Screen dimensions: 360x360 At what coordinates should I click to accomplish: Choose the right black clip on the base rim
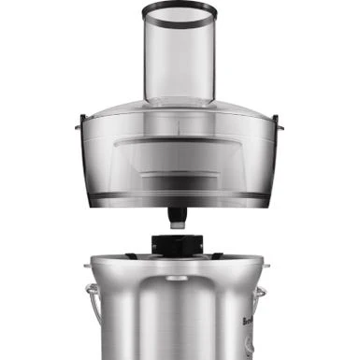point(217,253)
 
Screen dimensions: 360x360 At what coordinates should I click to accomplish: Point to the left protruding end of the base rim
point(87,265)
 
